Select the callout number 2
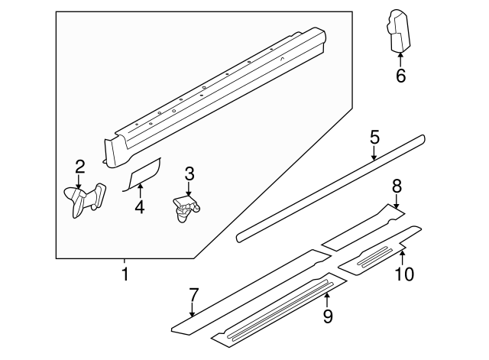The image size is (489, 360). [79, 167]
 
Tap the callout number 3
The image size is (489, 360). [189, 174]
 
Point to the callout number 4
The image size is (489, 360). [138, 206]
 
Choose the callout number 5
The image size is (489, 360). [374, 138]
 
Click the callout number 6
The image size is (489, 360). [400, 76]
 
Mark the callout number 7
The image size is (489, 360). [193, 294]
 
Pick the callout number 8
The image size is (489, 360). [397, 186]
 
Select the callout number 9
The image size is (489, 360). [328, 315]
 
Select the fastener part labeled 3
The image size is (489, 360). [184, 206]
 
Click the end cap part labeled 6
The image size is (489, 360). [397, 32]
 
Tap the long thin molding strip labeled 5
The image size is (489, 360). [329, 188]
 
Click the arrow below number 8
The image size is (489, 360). [397, 202]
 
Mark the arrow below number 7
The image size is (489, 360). [193, 310]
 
